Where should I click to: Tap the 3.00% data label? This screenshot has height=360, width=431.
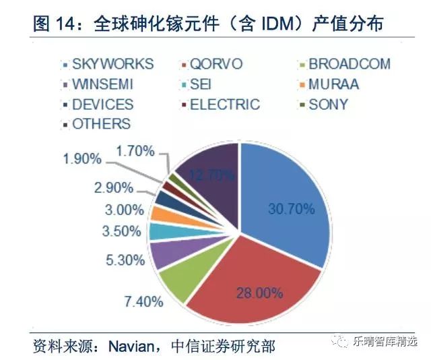pos(123,210)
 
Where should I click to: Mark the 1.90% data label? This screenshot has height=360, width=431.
pos(82,159)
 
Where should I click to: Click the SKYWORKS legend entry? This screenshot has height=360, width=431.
pos(107,65)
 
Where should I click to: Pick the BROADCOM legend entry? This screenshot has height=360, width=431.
pos(344,65)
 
